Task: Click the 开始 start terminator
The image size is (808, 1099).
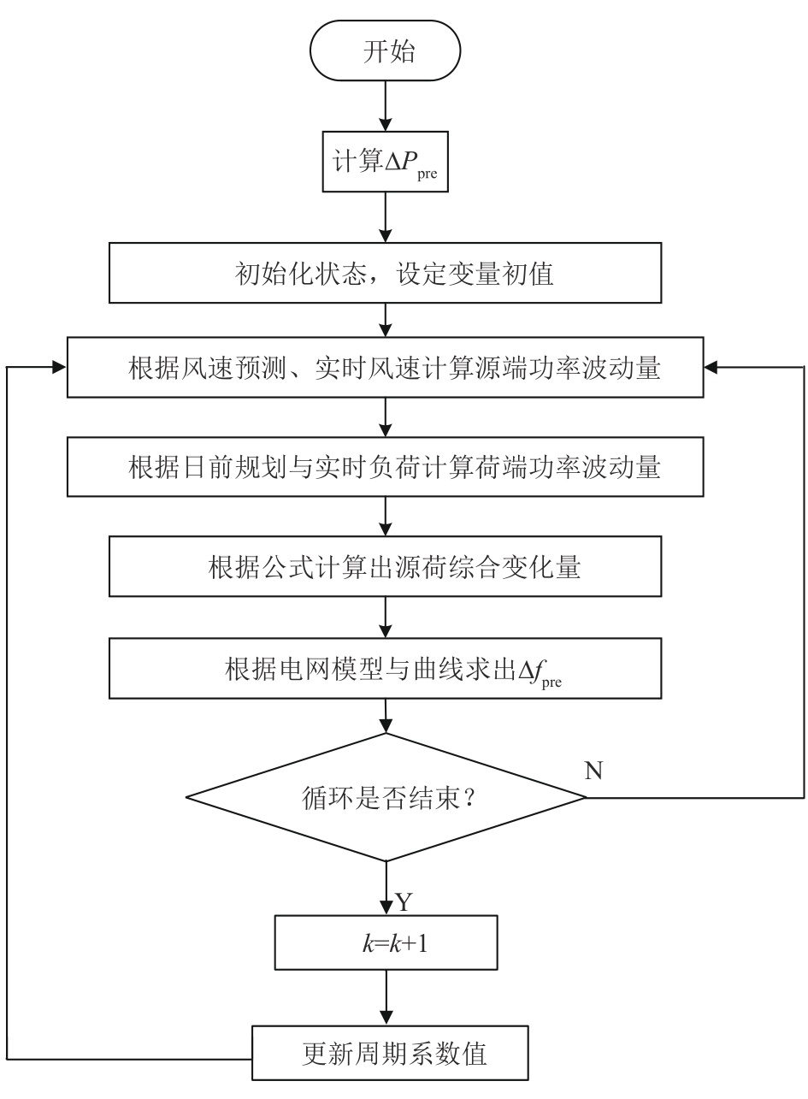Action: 386,53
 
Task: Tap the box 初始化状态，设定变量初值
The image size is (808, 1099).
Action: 386,274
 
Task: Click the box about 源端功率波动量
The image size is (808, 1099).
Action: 386,369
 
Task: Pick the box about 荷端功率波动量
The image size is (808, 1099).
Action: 386,469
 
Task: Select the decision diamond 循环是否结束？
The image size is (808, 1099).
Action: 386,797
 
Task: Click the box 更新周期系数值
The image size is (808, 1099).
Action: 386,1053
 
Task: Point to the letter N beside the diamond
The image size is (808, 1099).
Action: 593,771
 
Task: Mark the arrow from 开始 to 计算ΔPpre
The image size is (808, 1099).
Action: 386,106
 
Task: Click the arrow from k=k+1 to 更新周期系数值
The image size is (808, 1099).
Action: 386,1001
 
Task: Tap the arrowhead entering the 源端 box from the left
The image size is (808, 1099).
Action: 60,367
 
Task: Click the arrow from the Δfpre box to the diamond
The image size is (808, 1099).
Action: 386,715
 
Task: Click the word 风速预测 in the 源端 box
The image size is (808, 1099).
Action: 235,369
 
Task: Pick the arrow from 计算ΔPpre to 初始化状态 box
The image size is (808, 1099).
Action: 386,218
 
